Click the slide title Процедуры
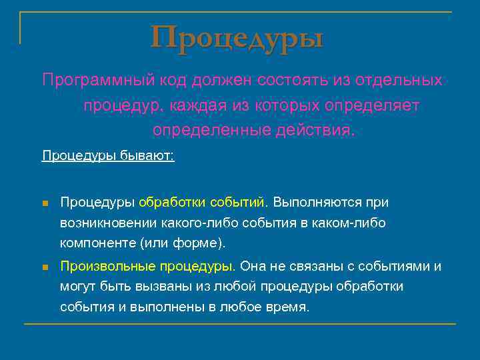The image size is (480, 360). pos(237,37)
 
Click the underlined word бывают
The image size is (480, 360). pos(147,156)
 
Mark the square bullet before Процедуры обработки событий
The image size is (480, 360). pos(45,203)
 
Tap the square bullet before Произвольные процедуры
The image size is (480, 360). pos(45,267)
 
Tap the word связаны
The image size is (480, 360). pos(315,267)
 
